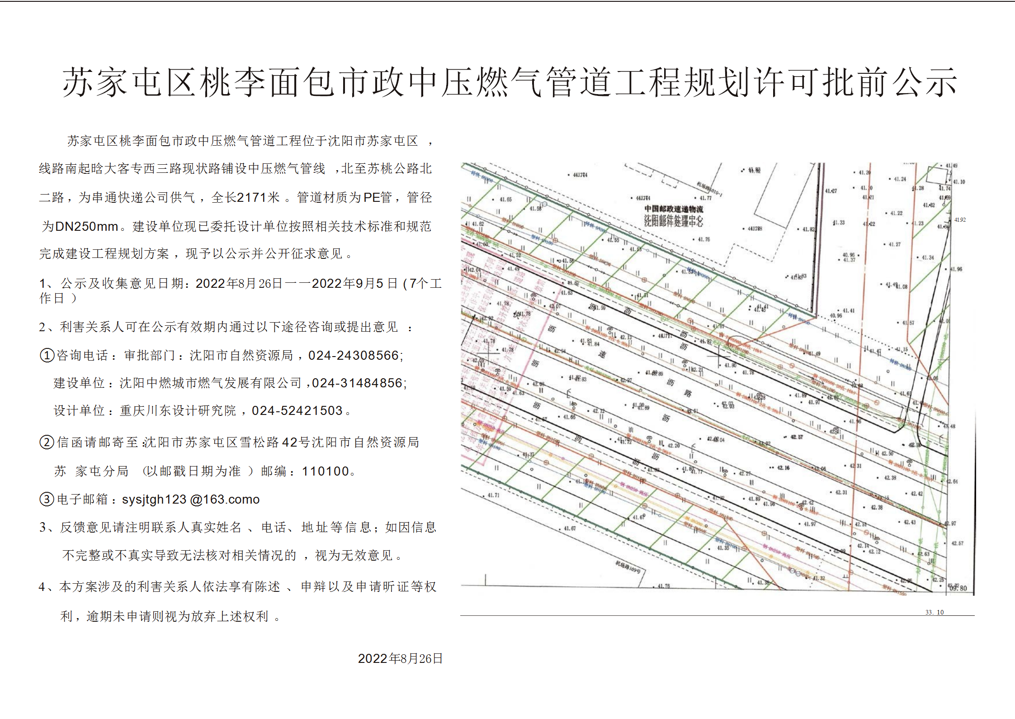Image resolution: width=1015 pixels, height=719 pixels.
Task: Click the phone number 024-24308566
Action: [354, 356]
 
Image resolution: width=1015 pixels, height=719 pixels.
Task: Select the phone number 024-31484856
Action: [359, 383]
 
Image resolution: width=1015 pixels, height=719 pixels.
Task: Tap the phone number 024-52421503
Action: [297, 411]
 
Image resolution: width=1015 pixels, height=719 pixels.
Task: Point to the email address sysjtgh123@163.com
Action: [191, 500]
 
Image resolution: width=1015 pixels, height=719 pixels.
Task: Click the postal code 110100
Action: [326, 471]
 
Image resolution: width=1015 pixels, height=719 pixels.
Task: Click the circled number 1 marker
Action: [47, 356]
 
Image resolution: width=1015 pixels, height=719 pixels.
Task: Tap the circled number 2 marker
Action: [47, 442]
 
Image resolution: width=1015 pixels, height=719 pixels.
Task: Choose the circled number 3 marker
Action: [47, 500]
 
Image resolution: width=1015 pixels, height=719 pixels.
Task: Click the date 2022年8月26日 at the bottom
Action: [400, 659]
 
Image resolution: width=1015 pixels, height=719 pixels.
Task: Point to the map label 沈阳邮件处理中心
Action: [674, 221]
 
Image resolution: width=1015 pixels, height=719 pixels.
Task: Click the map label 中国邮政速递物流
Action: [674, 209]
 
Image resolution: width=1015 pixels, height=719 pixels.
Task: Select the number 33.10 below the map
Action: [935, 612]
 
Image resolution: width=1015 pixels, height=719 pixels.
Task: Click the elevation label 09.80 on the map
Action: [958, 588]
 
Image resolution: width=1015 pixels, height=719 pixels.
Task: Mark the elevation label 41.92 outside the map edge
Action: [960, 220]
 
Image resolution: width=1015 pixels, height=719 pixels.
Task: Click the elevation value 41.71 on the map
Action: [493, 495]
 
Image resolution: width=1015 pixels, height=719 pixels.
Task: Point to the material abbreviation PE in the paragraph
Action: [371, 198]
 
